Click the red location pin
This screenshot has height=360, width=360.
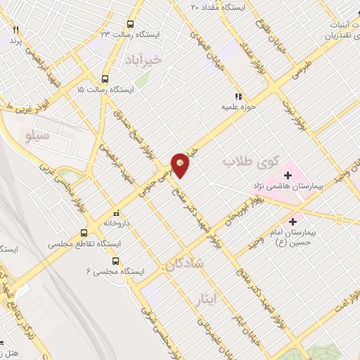181,165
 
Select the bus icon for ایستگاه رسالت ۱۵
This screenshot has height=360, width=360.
105,79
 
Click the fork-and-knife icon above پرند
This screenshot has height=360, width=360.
16,30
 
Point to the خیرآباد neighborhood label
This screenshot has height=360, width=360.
143,60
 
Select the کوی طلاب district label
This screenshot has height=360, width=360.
247,162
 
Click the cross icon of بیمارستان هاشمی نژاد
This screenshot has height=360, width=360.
288,175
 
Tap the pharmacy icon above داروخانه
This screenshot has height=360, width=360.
117,212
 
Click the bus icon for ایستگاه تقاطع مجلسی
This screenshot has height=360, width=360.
84,233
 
